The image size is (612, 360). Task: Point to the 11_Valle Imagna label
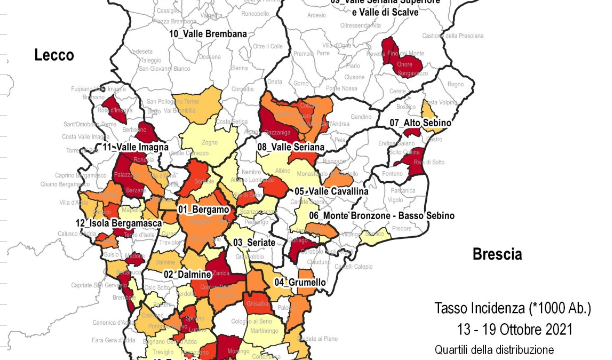(134, 147)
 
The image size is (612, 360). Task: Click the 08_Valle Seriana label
(291, 147)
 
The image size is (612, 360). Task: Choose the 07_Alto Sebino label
(420, 123)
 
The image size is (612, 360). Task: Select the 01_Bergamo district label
(203, 210)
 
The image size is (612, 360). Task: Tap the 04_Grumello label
(300, 283)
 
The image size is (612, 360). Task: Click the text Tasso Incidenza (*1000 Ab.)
(514, 307)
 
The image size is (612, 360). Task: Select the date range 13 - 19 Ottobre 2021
(514, 329)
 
